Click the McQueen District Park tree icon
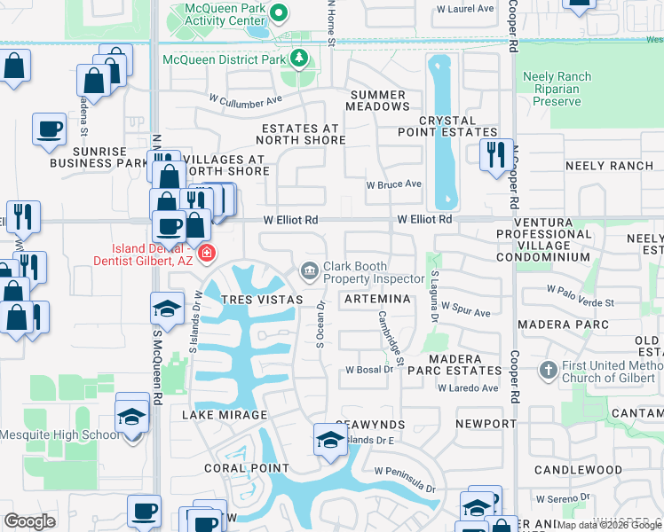[299, 59]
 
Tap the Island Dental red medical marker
[207, 254]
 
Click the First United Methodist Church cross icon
[549, 369]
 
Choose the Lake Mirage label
[225, 415]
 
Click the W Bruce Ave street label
[394, 184]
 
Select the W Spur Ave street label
[470, 313]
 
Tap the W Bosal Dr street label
[368, 369]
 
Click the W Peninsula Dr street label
[405, 480]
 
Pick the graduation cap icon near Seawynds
[328, 439]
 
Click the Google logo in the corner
[30, 521]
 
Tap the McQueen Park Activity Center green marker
[279, 12]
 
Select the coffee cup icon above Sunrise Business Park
[49, 129]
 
